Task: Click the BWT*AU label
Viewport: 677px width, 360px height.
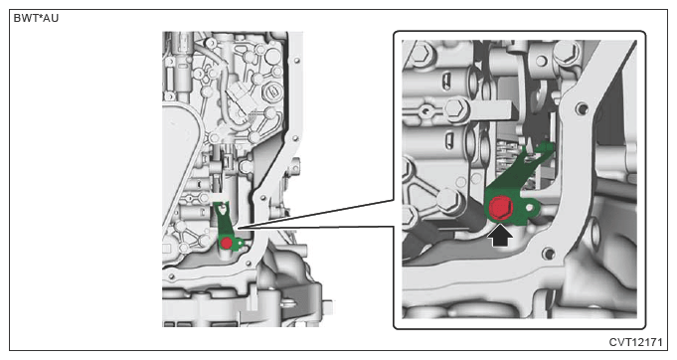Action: click(36, 19)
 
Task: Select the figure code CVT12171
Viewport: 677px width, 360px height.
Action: click(635, 342)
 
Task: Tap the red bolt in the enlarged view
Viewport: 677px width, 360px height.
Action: click(501, 208)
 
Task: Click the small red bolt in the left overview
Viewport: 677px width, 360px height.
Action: click(227, 243)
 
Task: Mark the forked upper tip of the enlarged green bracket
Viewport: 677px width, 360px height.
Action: click(546, 148)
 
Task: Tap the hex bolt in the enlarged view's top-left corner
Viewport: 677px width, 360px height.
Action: click(418, 53)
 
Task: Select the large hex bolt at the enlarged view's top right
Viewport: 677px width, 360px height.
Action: click(566, 53)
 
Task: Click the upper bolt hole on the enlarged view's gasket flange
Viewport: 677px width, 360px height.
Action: click(582, 107)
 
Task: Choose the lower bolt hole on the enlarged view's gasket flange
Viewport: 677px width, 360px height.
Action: click(549, 253)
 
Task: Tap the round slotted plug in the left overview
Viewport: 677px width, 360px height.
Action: click(270, 90)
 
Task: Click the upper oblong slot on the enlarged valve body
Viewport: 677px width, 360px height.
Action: click(447, 81)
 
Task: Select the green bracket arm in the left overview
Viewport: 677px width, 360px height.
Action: click(223, 219)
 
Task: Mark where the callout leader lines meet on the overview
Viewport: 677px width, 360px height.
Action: click(235, 227)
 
